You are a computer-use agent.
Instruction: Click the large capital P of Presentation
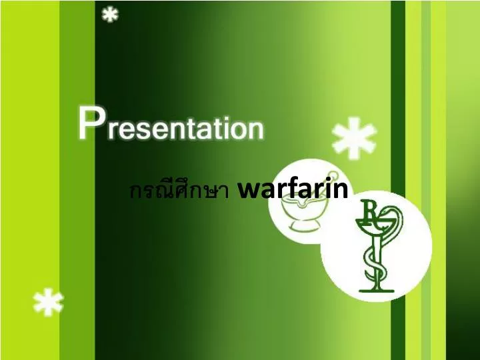tap(91, 123)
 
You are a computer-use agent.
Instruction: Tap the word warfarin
tap(293, 189)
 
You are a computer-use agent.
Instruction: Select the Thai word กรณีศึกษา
tap(179, 191)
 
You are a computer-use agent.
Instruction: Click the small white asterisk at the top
tap(109, 14)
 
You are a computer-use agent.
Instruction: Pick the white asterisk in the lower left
tap(48, 304)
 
